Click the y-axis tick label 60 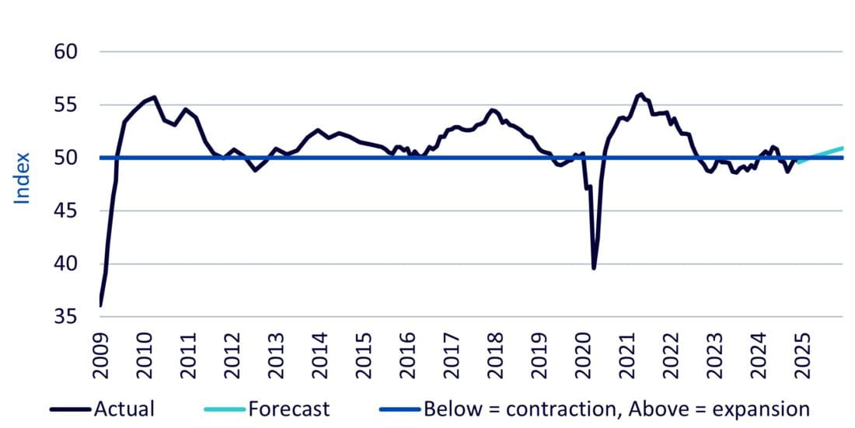(x=68, y=52)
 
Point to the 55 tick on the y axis (x=68, y=105)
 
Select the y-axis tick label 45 (x=68, y=211)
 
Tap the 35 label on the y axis (x=68, y=317)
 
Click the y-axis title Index (x=23, y=179)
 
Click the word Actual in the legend (x=124, y=409)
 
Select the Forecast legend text (x=289, y=409)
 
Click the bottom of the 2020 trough (x=594, y=268)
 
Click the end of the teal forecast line (x=843, y=148)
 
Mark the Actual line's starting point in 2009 (x=101, y=305)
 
